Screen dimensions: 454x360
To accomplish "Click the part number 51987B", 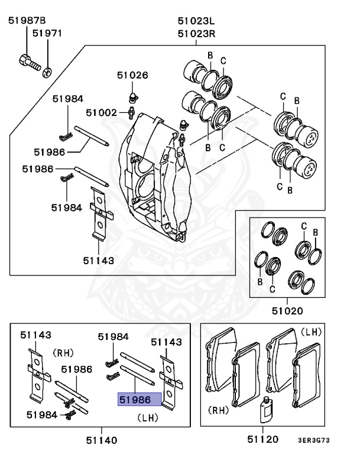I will (27, 21).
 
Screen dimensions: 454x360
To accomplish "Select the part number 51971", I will (47, 34).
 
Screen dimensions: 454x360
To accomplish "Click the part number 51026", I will (132, 75).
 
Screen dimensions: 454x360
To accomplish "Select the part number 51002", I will (102, 112).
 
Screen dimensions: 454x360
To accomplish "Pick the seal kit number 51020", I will (287, 310).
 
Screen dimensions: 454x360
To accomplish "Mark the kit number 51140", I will (102, 440).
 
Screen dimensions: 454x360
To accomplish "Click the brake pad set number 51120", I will (264, 440).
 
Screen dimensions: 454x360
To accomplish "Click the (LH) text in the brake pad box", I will (311, 332).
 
